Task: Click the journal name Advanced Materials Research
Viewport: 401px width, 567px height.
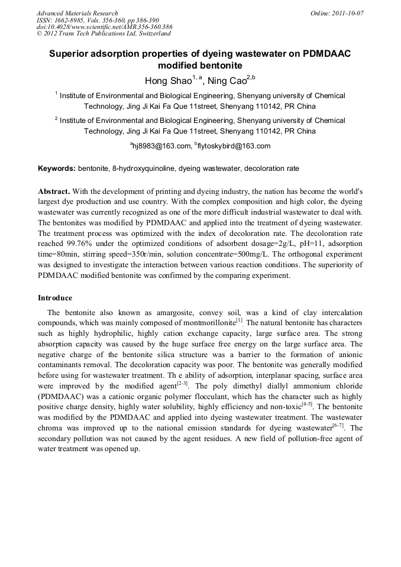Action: pos(77,13)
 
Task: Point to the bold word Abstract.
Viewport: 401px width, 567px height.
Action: pos(54,192)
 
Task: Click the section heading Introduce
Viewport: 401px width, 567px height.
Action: pos(55,297)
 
